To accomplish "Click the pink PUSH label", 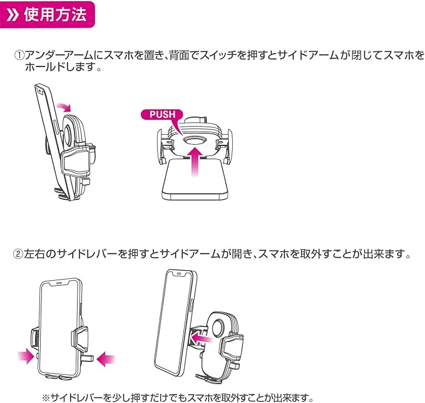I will pyautogui.click(x=161, y=115).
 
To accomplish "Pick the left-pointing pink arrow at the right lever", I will pyautogui.click(x=106, y=359).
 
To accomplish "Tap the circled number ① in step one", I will pyautogui.click(x=19, y=55).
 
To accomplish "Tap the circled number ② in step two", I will pyautogui.click(x=19, y=254).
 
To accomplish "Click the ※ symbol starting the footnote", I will pyautogui.click(x=46, y=397).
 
